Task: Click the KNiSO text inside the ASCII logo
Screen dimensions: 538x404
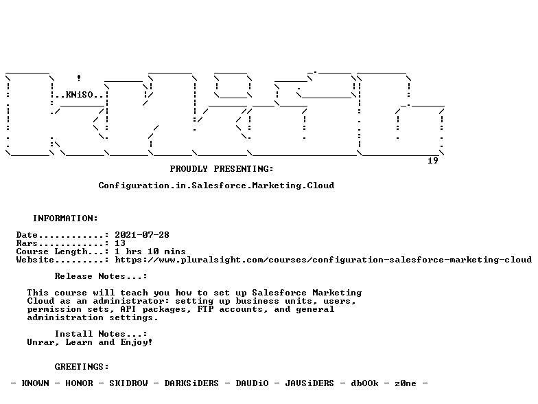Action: tap(80, 95)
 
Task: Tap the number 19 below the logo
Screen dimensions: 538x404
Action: tap(433, 161)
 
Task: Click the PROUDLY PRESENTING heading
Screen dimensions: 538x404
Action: tap(222, 169)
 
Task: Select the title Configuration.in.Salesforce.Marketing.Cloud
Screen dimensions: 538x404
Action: tap(216, 186)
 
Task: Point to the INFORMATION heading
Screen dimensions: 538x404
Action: tap(66, 218)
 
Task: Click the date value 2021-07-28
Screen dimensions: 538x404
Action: tap(142, 235)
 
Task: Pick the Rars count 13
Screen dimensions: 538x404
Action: tap(120, 243)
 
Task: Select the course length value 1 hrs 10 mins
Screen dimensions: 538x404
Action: tap(150, 251)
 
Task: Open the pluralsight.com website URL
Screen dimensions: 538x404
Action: tap(323, 260)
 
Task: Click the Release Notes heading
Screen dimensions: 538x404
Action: tap(101, 276)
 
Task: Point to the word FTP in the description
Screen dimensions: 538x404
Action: tap(205, 309)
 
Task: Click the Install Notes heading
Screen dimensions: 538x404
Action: tap(101, 334)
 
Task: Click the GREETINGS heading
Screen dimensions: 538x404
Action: tap(82, 367)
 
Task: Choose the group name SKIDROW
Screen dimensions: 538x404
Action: tap(129, 383)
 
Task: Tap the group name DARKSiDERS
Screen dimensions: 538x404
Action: tap(191, 383)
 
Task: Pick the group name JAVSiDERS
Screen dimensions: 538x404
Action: tap(309, 383)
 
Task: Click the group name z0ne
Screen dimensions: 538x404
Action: tap(406, 383)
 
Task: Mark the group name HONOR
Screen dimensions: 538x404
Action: tap(80, 383)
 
